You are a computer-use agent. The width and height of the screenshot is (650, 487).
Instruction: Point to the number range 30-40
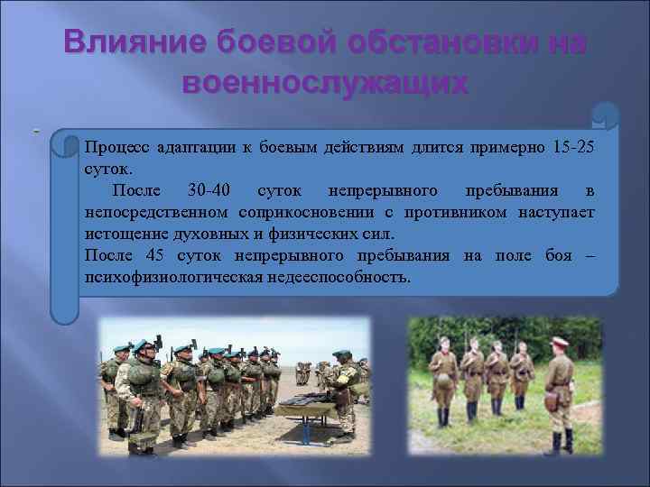pos(209,190)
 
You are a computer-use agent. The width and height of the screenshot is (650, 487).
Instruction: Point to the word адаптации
pos(190,148)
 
